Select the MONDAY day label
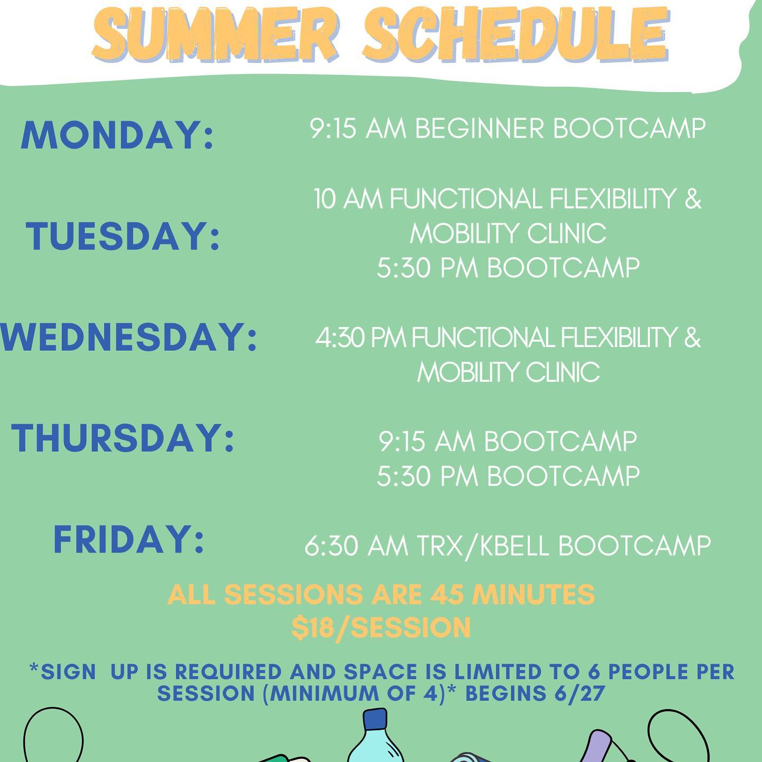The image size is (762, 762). pyautogui.click(x=117, y=135)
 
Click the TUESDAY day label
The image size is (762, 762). pyautogui.click(x=122, y=236)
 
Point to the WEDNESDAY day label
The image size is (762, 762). pyautogui.click(x=129, y=337)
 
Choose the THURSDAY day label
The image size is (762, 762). pyautogui.click(x=123, y=438)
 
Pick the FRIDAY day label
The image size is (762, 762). pyautogui.click(x=129, y=539)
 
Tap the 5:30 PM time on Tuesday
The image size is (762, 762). pyautogui.click(x=428, y=268)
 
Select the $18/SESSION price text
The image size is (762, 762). pyautogui.click(x=381, y=628)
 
